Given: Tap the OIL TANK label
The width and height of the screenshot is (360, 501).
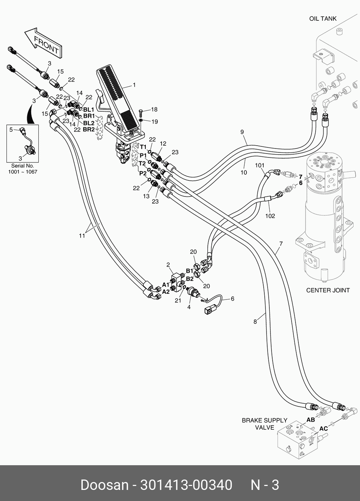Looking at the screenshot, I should tap(323, 19).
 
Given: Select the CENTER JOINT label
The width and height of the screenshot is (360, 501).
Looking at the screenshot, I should tap(328, 290).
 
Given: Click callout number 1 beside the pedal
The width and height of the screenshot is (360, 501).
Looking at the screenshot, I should tap(134, 85).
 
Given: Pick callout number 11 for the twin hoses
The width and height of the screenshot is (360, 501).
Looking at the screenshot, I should tap(82, 235).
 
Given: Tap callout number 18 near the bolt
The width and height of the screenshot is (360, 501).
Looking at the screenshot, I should tap(154, 110).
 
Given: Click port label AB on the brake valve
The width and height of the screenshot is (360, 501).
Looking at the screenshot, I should tap(310, 419).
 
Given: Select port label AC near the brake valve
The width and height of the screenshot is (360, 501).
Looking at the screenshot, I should tap(323, 429).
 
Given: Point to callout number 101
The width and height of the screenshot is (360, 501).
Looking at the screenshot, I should tap(260, 165).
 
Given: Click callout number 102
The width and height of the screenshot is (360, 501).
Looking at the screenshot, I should tap(270, 216).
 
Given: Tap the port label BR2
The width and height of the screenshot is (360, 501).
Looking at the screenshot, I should tap(88, 129).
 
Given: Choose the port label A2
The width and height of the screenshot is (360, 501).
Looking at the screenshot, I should tap(166, 292).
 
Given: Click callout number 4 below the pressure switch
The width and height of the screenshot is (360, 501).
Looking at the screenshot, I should tap(189, 307).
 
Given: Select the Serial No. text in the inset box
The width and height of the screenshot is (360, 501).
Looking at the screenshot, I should tap(23, 166).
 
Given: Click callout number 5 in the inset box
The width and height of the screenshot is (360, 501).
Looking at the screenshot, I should tap(11, 129).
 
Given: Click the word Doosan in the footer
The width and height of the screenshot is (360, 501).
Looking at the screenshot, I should tap(104, 485).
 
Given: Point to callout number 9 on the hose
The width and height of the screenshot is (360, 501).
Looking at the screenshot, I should tap(242, 132).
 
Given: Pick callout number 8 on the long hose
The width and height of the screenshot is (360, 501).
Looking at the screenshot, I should tap(255, 322).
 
